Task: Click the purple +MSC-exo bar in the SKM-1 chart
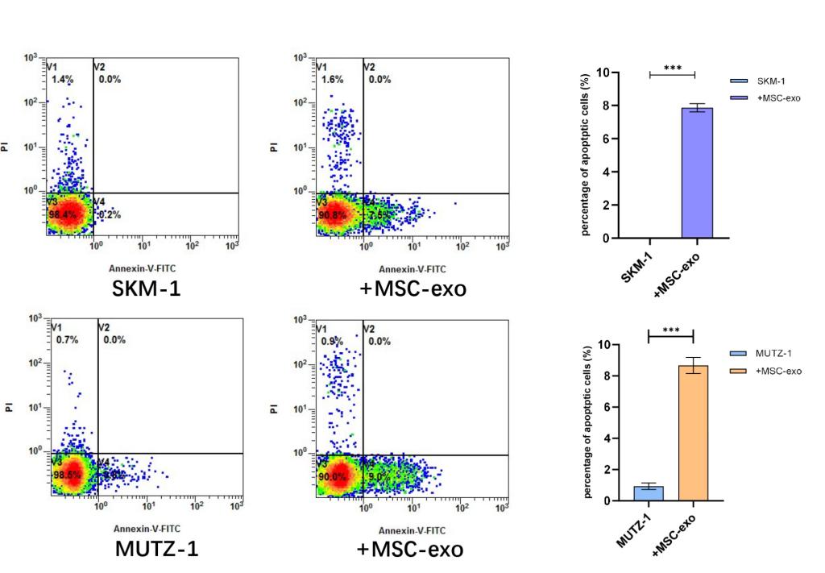tap(697, 172)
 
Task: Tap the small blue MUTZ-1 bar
tap(648, 492)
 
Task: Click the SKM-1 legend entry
tap(769, 81)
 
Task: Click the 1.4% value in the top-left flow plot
tap(63, 80)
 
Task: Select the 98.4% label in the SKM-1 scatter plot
tap(62, 214)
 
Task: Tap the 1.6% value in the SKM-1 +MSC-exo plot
tap(333, 80)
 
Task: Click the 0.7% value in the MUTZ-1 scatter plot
tap(67, 340)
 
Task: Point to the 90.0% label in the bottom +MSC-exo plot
tap(332, 476)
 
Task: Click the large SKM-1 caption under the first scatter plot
tap(146, 289)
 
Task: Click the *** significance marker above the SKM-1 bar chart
tap(672, 69)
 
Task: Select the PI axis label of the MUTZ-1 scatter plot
tap(10, 409)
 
